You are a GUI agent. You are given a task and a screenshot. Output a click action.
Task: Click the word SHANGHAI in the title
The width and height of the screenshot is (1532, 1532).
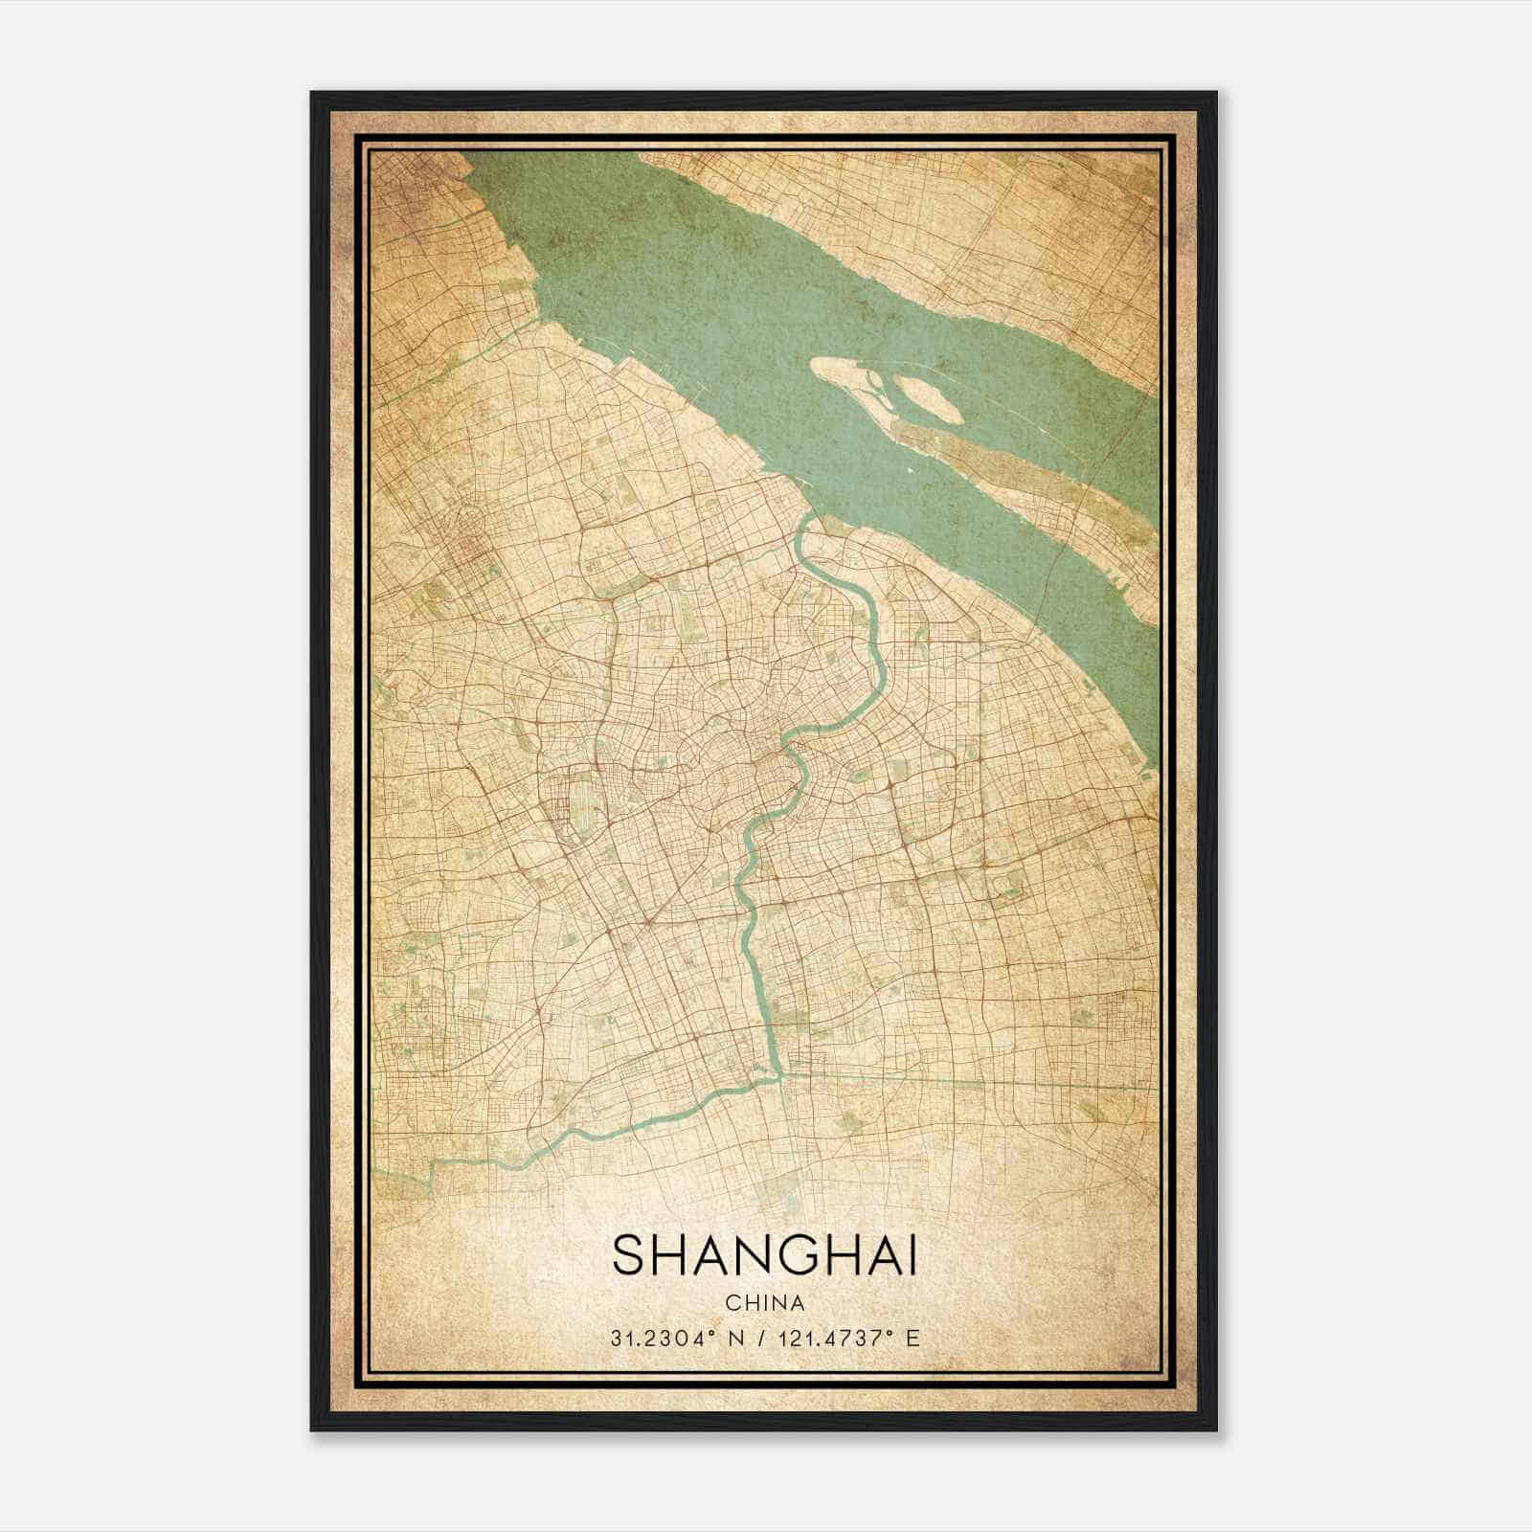click(764, 1255)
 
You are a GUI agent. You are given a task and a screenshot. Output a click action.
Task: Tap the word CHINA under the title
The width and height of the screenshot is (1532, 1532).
click(764, 1303)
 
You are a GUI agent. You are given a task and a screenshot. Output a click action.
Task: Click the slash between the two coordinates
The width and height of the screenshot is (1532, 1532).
click(761, 1338)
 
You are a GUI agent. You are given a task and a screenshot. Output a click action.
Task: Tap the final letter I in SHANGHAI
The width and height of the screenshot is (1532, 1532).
click(911, 1255)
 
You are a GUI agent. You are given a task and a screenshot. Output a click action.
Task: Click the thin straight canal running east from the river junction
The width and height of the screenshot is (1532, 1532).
click(957, 1081)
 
